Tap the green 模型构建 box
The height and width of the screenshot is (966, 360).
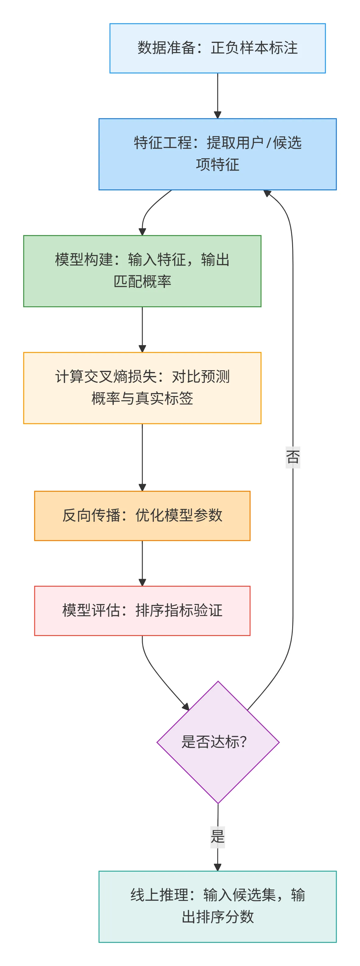(x=142, y=271)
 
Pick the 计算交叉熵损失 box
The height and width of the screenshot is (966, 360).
(x=142, y=388)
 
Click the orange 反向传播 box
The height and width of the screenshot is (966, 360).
(x=142, y=516)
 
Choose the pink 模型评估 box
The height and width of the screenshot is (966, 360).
(x=142, y=610)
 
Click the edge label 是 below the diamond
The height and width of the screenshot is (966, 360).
(x=218, y=837)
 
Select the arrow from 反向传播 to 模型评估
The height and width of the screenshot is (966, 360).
(x=142, y=563)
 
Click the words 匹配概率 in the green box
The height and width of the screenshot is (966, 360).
(x=142, y=282)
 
